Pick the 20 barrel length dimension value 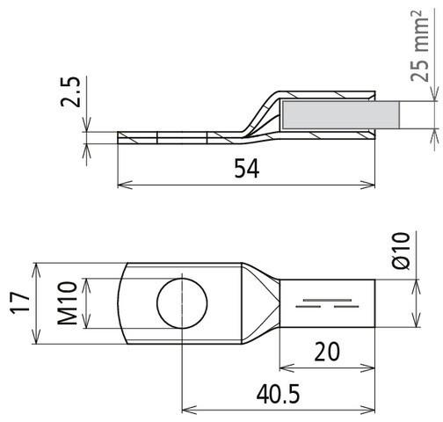click(328, 353)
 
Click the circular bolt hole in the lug click(182, 304)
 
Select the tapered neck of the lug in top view click(260, 304)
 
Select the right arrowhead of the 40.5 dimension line click(373, 409)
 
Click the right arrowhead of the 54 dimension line click(374, 185)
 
